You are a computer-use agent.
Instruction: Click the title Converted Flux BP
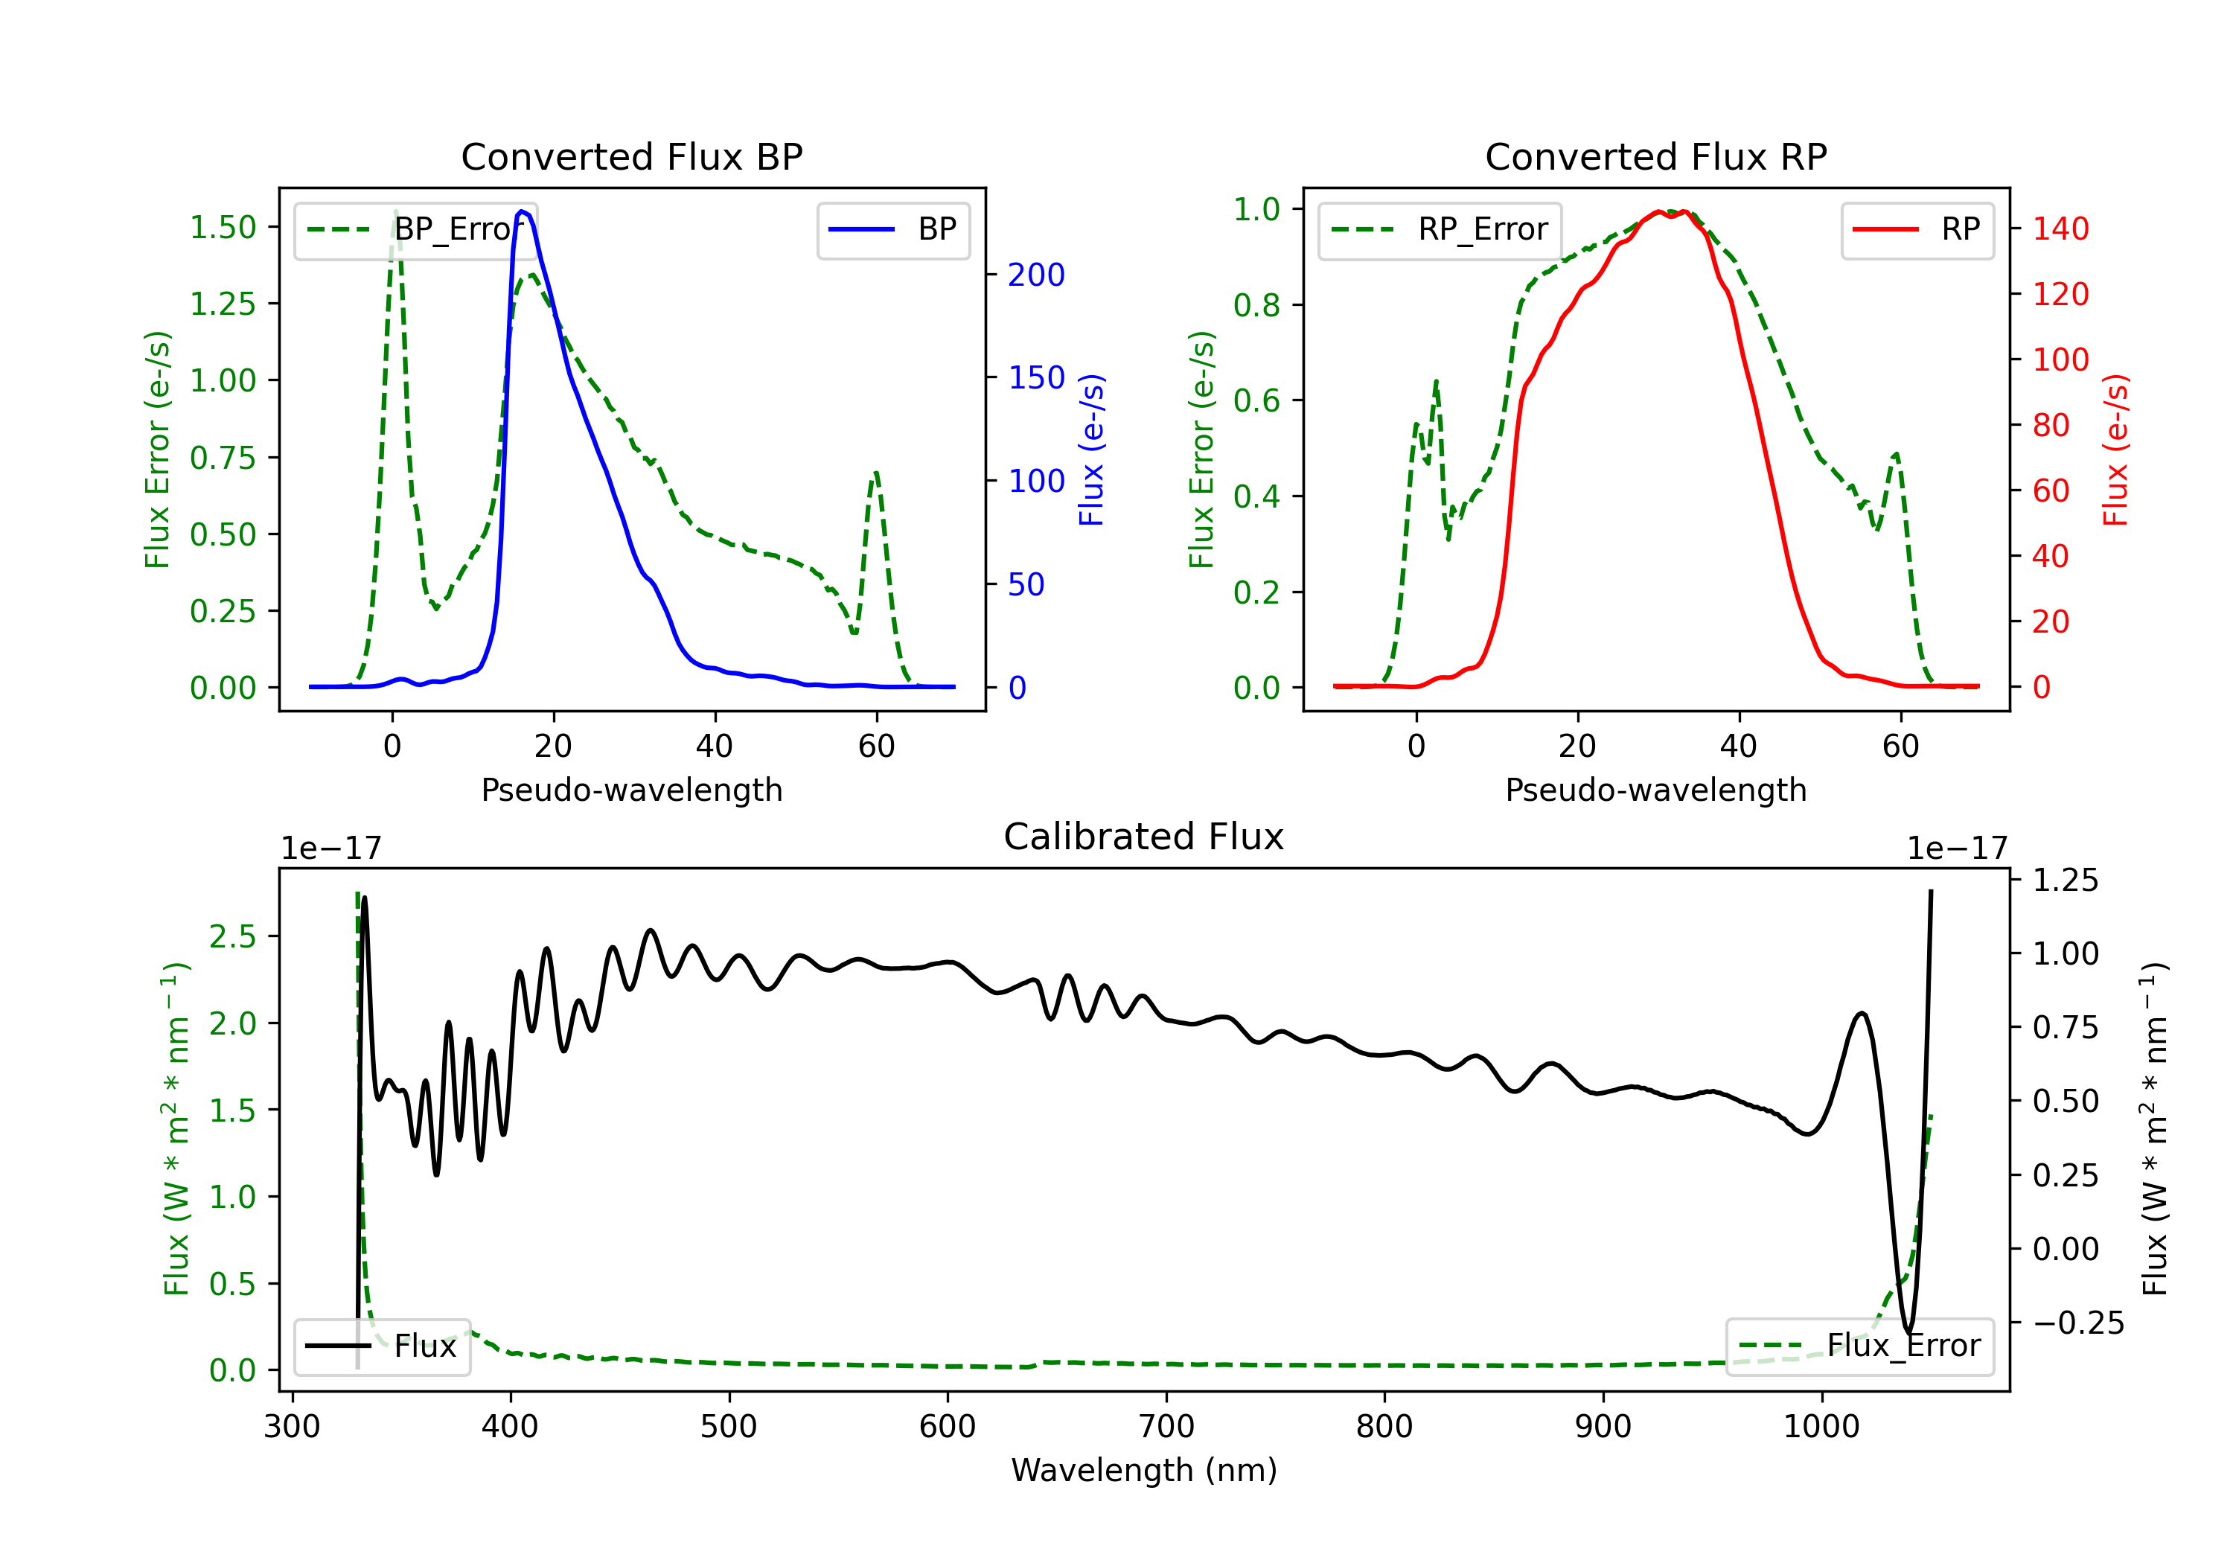coord(632,156)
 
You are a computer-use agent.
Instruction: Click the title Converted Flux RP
coord(1656,156)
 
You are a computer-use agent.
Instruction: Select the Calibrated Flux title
coord(1144,837)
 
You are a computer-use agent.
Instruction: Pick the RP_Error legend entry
coord(1440,229)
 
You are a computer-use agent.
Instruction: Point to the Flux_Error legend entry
coord(1859,1346)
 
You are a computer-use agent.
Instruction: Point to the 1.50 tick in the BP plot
coord(223,228)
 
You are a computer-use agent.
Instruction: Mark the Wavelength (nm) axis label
coord(1144,1470)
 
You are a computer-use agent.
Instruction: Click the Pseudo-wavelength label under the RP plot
coord(1656,790)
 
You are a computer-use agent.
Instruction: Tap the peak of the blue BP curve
coord(523,211)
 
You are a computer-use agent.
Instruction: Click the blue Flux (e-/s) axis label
coord(1091,450)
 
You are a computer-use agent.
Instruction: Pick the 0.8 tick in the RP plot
coord(1256,305)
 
